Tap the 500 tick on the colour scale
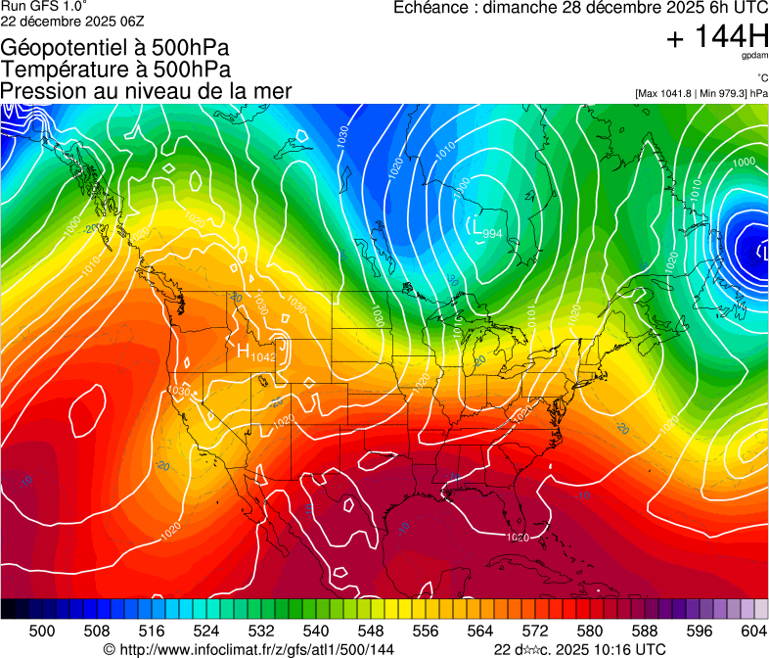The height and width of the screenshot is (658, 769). pos(42,631)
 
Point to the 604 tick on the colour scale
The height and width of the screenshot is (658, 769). pos(754,631)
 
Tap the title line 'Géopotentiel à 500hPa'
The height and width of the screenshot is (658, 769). pos(115,47)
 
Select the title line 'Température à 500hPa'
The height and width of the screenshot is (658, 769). pos(115,69)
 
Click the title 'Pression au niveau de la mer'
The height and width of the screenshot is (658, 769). pos(146,91)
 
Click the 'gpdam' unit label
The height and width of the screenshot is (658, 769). pos(754,57)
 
